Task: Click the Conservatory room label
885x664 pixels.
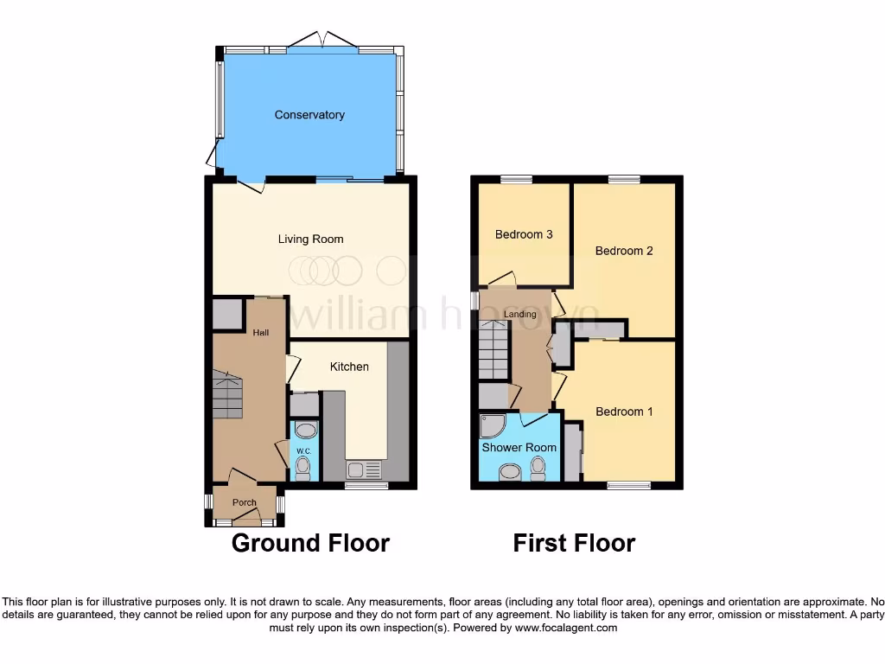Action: [309, 115]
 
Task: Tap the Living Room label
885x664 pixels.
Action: [310, 239]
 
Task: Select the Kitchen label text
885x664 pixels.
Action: [349, 367]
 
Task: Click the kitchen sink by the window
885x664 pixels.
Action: [363, 470]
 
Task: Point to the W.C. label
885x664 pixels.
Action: [303, 451]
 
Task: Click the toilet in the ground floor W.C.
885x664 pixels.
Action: [303, 468]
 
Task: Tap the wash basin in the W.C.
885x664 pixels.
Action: [304, 431]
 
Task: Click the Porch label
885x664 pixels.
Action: [245, 502]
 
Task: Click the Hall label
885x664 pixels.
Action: [260, 332]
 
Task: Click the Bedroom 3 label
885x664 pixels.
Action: [524, 234]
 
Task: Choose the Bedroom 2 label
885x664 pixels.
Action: [624, 251]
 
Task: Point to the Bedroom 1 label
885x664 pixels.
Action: [624, 412]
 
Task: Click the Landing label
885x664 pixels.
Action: [520, 314]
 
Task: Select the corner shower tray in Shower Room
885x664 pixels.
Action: [492, 427]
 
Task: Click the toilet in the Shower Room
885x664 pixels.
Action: [538, 468]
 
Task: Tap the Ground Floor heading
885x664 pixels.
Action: [310, 543]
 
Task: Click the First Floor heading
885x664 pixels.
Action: [574, 543]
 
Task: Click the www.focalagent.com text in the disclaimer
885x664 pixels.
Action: [566, 628]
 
